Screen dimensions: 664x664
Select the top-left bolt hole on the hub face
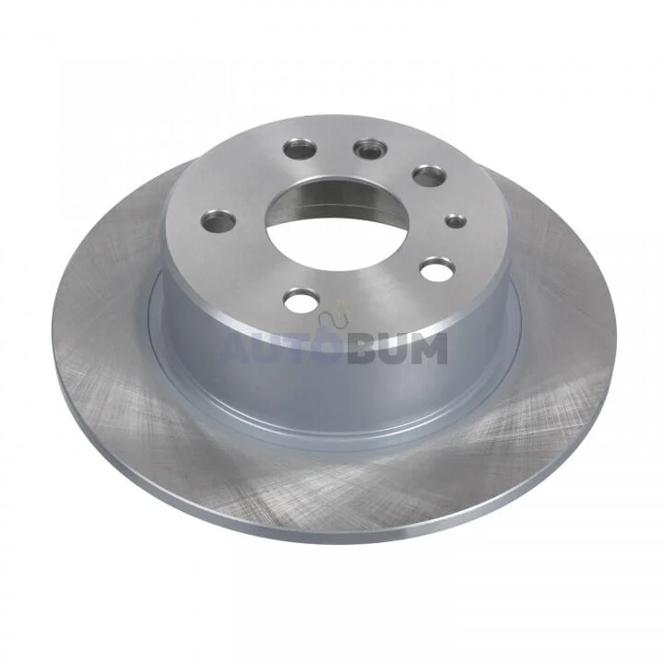(301, 148)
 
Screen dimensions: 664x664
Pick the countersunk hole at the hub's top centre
(370, 148)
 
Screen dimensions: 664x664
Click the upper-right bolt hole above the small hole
(429, 175)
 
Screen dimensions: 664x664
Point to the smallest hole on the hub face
(456, 220)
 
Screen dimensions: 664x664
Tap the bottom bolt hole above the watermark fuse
(301, 299)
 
